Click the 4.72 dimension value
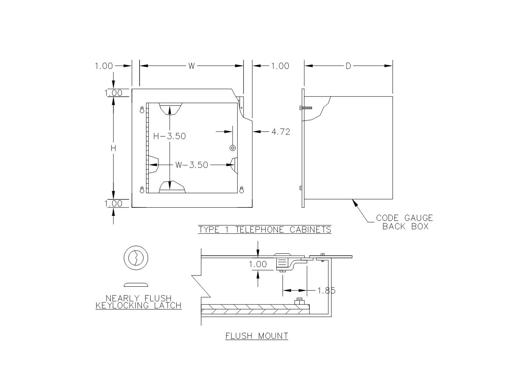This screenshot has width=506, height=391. tap(281, 132)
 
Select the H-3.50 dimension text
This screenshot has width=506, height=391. tap(169, 136)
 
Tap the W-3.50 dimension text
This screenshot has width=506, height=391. tap(191, 165)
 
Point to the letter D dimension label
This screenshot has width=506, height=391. tap(348, 66)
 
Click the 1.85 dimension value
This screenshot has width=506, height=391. tap(327, 291)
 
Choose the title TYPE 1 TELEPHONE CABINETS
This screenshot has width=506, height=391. tap(265, 230)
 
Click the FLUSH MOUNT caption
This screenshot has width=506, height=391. tap(257, 336)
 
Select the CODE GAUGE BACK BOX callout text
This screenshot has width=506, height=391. tap(404, 222)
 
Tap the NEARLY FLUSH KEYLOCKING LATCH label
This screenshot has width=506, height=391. tap(138, 302)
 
